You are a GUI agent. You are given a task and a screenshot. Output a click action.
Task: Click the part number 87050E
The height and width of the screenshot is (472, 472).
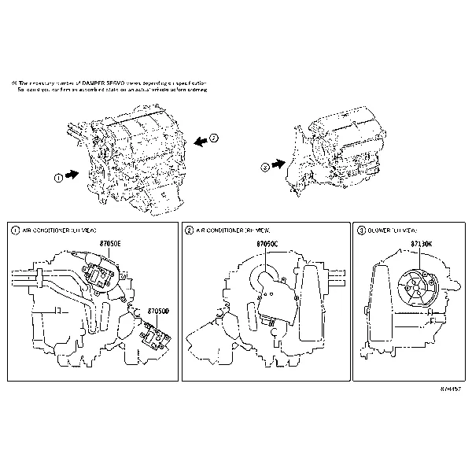109,245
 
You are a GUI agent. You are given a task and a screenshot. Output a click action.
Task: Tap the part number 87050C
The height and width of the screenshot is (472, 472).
268,245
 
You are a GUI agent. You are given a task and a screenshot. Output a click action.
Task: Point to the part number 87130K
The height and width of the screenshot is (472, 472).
422,245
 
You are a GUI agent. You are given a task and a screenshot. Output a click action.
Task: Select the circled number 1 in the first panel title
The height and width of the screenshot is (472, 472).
16,230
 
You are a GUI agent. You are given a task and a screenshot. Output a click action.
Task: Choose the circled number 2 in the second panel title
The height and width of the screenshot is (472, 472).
189,230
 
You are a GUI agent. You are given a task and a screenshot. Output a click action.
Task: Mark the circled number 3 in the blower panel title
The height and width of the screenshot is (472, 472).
361,230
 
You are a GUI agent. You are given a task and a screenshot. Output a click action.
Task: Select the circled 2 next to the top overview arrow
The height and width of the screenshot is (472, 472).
213,138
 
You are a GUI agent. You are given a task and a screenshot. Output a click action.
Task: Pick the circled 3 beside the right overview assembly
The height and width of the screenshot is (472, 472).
264,167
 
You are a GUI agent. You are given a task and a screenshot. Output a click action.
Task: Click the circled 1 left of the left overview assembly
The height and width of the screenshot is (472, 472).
58,178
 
